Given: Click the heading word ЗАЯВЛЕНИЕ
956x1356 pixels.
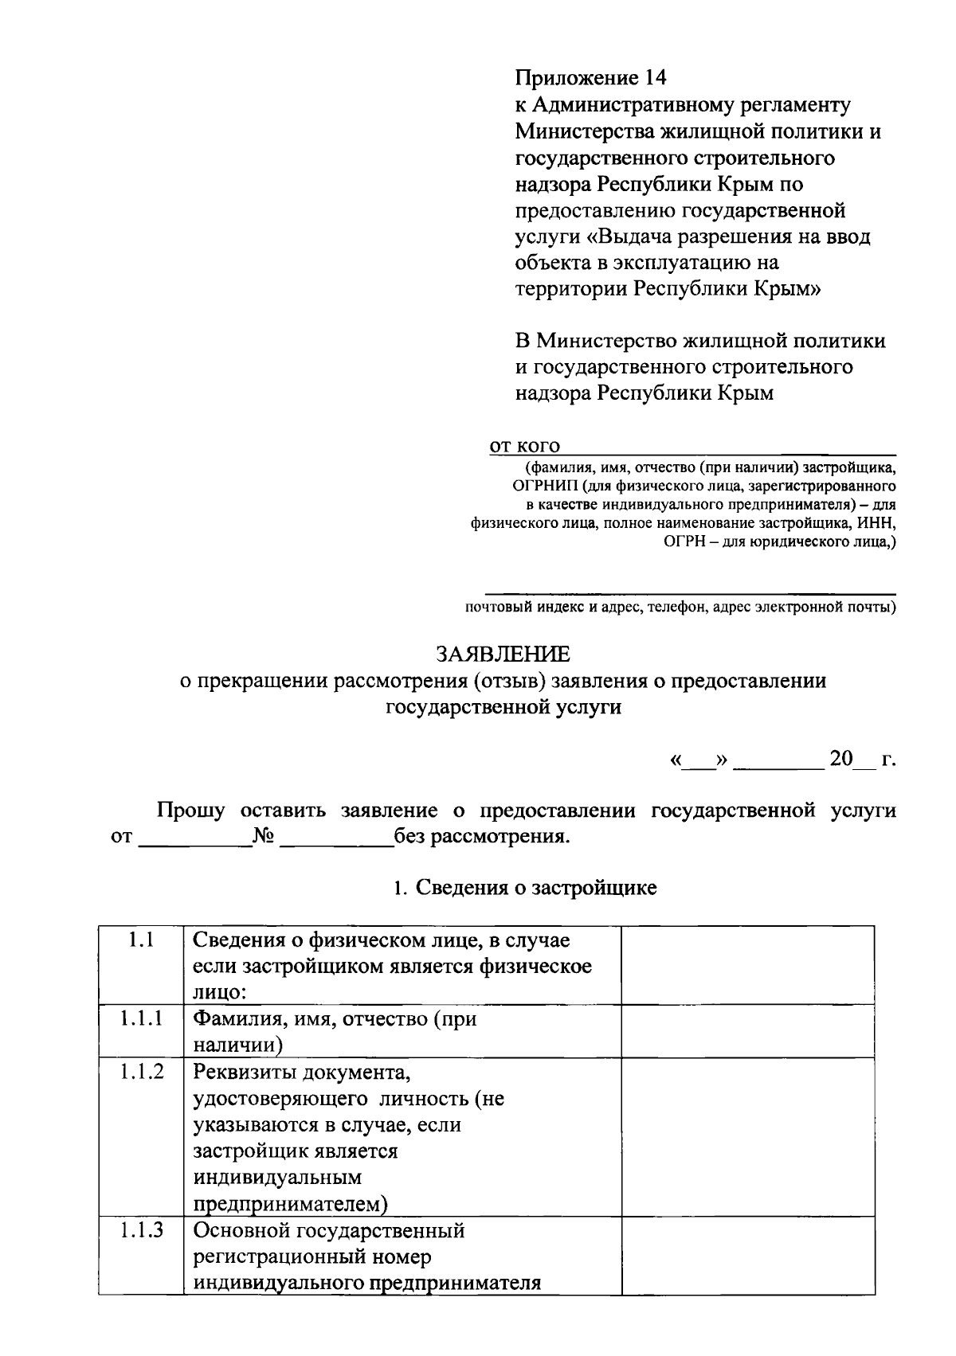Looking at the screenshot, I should (503, 655).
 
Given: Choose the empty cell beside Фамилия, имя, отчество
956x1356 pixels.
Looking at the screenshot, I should (747, 1031).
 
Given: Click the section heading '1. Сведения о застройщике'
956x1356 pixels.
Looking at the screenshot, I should (525, 888).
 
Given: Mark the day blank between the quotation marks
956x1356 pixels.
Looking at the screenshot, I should (699, 761).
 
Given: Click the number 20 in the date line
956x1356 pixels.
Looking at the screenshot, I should (841, 758).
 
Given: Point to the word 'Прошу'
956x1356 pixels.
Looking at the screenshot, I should (191, 811).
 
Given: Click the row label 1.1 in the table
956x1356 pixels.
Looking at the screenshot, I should (141, 940).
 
